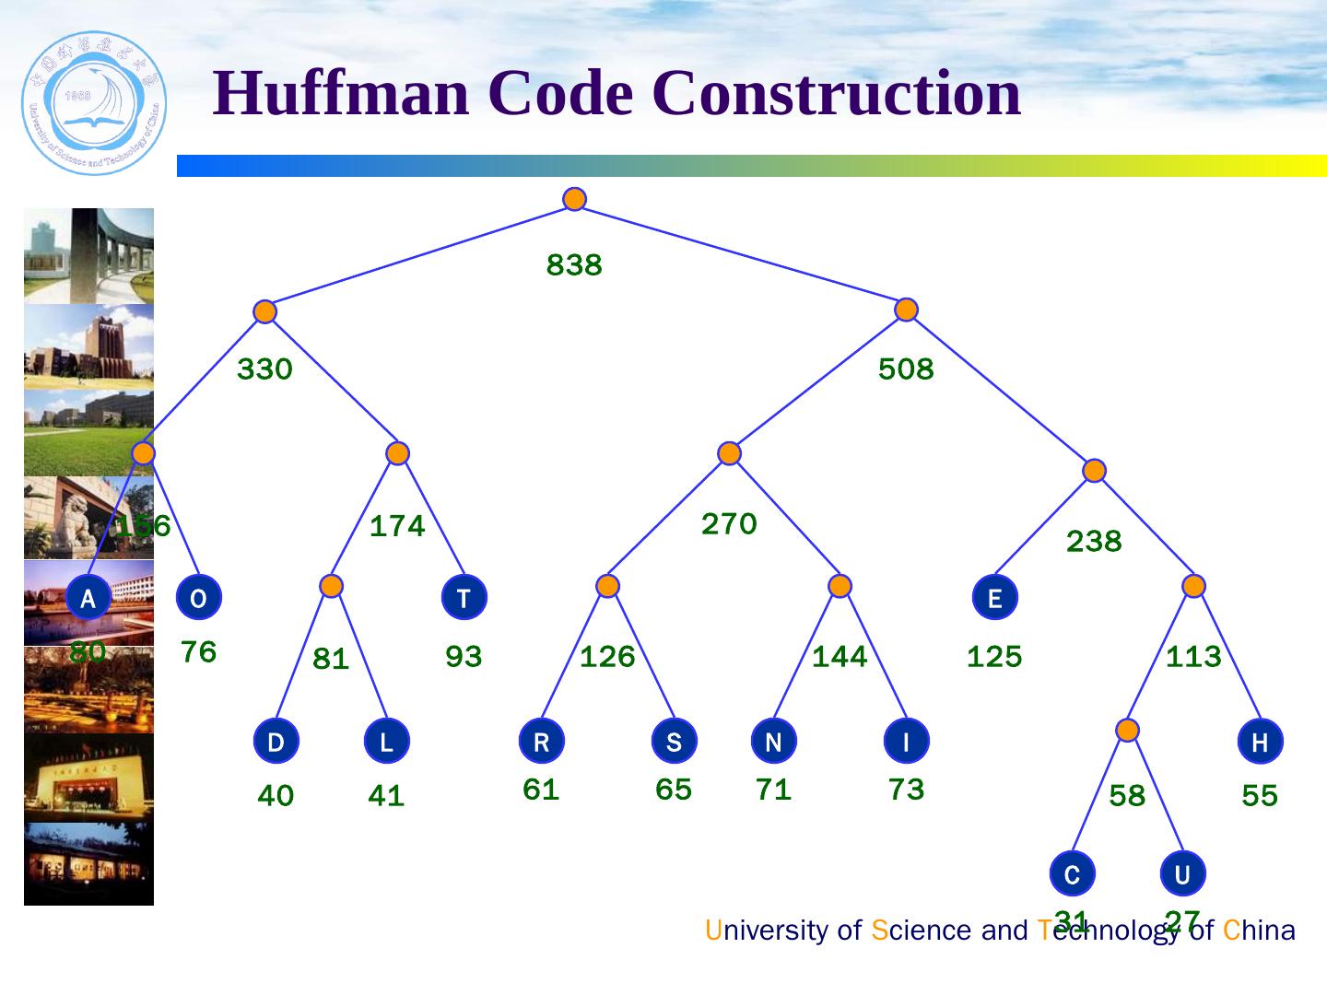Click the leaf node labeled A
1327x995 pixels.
coord(88,598)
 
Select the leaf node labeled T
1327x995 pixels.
coord(464,598)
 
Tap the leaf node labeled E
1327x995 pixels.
coord(994,598)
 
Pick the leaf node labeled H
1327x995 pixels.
coord(1260,742)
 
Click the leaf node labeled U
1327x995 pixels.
coord(1182,873)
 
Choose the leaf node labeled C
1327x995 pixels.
coord(1072,873)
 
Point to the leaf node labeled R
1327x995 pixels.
coord(541,742)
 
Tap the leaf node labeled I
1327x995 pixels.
coord(906,742)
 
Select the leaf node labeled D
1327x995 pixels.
coord(276,742)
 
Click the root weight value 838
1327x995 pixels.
coord(574,265)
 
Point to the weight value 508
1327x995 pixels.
coord(906,369)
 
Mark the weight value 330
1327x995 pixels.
coord(264,369)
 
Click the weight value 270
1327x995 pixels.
coord(729,524)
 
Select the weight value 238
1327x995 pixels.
coord(1094,542)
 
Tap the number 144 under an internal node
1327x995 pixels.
coord(840,657)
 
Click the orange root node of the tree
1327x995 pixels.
coord(574,199)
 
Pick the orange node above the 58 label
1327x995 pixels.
coord(1127,731)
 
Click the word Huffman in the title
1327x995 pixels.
coord(341,94)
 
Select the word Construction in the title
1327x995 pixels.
coord(836,94)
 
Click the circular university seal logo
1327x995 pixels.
coord(94,103)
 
